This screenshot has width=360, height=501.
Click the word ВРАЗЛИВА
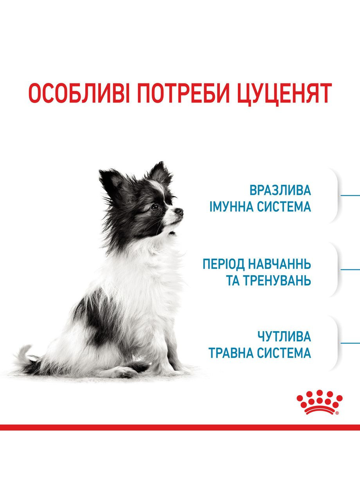tap(280, 190)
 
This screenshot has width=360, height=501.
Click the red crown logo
tap(319, 402)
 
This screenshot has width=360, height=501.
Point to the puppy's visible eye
tap(155, 207)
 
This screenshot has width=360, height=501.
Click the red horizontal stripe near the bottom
tap(180, 427)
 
